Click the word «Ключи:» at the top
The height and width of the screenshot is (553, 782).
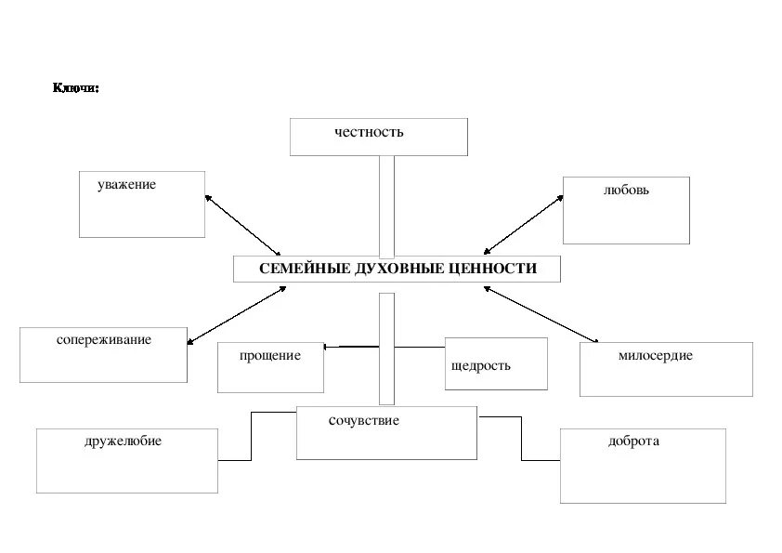coord(75,88)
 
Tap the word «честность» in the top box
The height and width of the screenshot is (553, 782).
coord(370,132)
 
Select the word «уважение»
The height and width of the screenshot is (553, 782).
coord(126,185)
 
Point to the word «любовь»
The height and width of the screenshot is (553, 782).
coord(626,191)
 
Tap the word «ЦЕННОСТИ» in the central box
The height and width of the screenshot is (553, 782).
coord(490,269)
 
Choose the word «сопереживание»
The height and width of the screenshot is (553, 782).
coord(103,340)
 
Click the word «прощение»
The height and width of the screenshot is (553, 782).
coord(269,356)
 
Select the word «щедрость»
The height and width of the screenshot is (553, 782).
coord(480,365)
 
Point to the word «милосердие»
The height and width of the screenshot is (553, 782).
coord(655,356)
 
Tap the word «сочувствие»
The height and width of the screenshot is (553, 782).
coord(364,421)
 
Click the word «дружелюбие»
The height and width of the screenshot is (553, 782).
coord(123,441)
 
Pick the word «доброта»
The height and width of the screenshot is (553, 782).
coord(633,441)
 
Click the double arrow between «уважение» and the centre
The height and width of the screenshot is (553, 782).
coord(242,225)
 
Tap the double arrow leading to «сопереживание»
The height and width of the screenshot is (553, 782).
coord(237,315)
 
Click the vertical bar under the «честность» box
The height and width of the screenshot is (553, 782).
coord(386,205)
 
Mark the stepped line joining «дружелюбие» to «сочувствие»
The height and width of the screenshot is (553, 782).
coord(250,437)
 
